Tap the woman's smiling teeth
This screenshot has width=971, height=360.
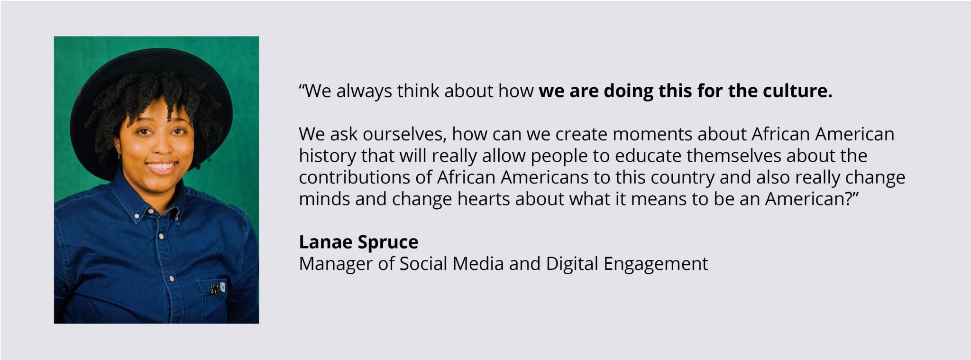point(161,166)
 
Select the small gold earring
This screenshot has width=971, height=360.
point(119,154)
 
